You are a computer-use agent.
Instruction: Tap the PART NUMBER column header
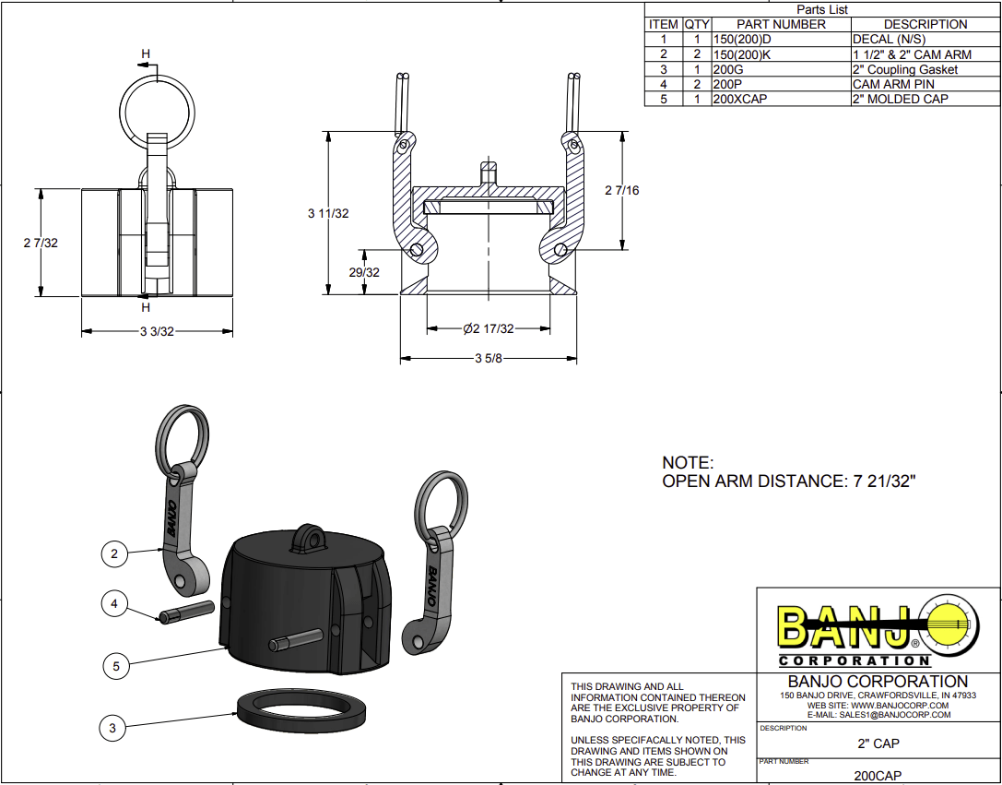tap(780, 24)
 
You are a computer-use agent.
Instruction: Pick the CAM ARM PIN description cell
tap(893, 84)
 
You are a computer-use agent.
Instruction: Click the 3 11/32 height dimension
tap(328, 213)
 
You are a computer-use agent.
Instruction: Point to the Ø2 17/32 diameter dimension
tap(488, 328)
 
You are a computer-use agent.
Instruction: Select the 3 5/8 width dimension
tap(488, 358)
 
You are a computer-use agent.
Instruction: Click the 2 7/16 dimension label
tap(622, 190)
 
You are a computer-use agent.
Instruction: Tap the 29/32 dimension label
tap(365, 272)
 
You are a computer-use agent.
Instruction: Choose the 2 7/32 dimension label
tap(41, 243)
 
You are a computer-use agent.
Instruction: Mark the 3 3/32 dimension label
tap(156, 331)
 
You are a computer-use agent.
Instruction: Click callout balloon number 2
tap(114, 553)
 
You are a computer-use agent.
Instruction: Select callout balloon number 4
tap(114, 604)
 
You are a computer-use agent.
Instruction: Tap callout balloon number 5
tap(115, 663)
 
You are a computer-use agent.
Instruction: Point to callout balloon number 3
tap(112, 728)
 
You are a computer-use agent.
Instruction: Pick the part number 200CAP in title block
tap(878, 776)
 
